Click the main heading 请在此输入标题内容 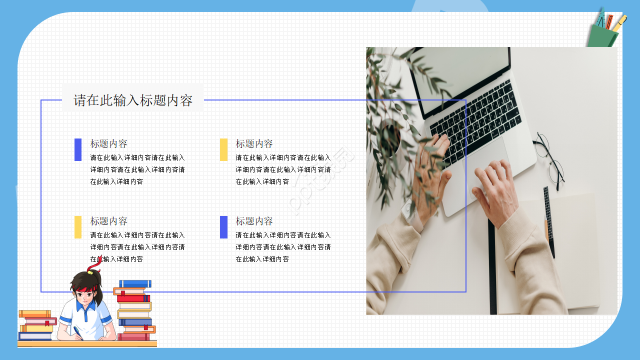point(133,100)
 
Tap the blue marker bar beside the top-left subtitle point(78,149)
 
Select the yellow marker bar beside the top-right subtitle point(223,149)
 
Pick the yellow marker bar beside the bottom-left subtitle point(78,227)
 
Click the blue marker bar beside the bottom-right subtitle point(223,227)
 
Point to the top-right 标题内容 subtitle point(254,144)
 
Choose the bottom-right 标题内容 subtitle point(254,221)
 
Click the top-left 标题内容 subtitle point(109,144)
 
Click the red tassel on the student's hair point(94,265)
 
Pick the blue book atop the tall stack point(135,283)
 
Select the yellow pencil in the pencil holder point(619,23)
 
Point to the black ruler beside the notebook point(549,220)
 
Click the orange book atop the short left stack point(35,313)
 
